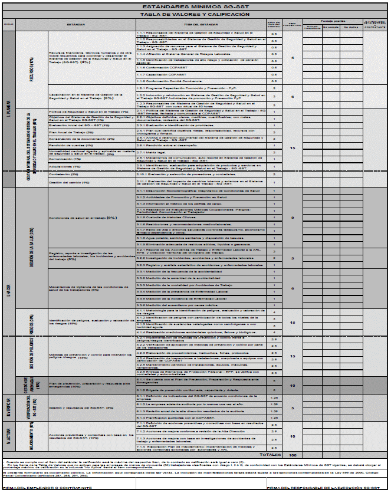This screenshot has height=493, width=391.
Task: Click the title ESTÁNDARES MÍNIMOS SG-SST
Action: pos(195,6)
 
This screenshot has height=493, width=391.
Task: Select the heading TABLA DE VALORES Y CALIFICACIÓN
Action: pos(195,14)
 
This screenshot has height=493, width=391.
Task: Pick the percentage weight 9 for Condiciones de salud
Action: pos(293,218)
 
